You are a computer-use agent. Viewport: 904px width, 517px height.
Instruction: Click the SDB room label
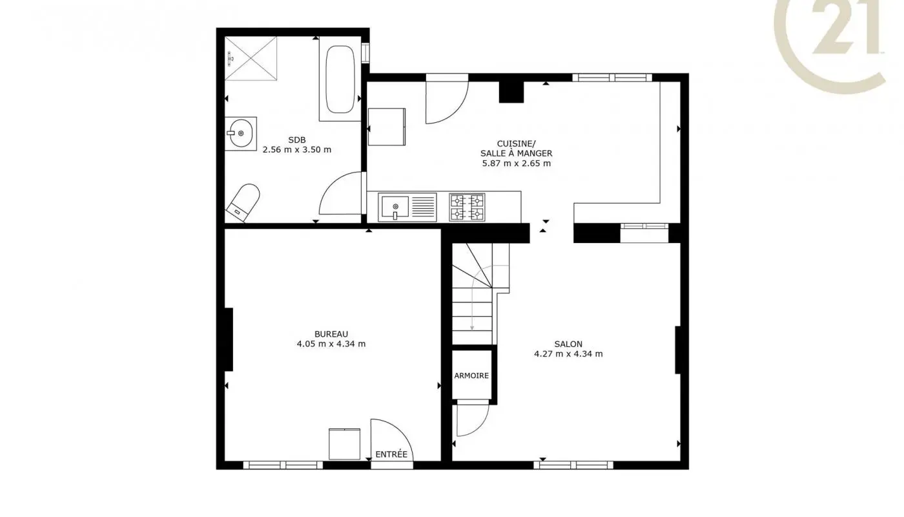[297, 140]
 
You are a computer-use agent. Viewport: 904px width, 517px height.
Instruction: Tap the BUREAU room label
[331, 333]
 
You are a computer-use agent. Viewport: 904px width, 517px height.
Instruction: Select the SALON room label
[568, 344]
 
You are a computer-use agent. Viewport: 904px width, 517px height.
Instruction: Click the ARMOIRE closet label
[471, 375]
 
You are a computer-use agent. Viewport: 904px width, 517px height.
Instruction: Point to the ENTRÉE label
[391, 454]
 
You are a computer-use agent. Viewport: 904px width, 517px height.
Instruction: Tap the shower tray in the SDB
[251, 58]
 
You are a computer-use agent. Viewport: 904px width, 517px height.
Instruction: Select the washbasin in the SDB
[241, 134]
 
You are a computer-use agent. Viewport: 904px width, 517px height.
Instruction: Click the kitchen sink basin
[394, 207]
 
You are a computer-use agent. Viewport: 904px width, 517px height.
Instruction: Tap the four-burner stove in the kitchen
[467, 207]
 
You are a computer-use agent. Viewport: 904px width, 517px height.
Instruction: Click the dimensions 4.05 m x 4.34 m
[331, 344]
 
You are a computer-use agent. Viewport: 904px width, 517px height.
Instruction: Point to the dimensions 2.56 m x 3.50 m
[297, 150]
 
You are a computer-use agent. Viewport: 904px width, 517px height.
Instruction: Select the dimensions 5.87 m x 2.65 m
[515, 164]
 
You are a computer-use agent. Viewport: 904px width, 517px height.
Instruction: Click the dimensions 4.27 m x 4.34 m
[568, 354]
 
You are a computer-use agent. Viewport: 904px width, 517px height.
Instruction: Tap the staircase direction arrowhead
[472, 328]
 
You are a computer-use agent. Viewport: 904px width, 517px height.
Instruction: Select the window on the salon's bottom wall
[573, 464]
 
